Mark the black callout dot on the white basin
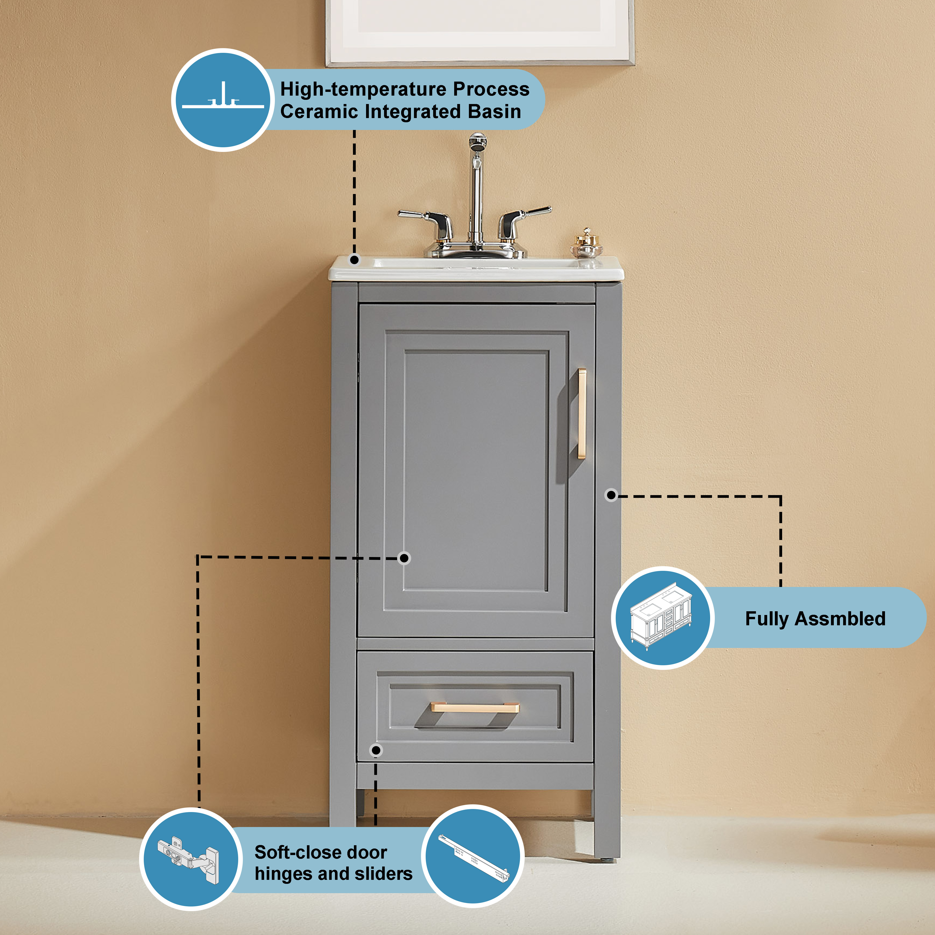point(354,260)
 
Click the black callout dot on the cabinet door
point(404,558)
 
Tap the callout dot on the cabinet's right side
point(611,495)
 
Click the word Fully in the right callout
point(767,619)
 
